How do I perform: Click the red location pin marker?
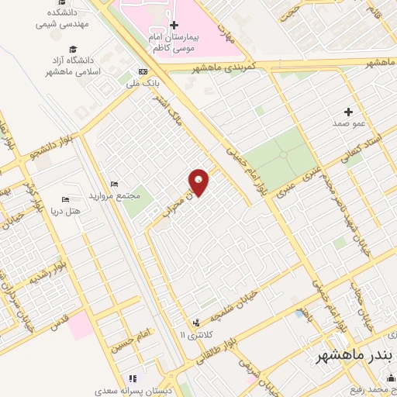(x=199, y=182)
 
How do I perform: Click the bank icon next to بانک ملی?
(x=142, y=71)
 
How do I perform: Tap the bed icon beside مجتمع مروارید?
(x=115, y=183)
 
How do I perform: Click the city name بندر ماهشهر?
(x=355, y=356)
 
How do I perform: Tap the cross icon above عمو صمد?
(x=348, y=112)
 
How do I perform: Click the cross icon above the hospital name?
(x=174, y=25)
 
